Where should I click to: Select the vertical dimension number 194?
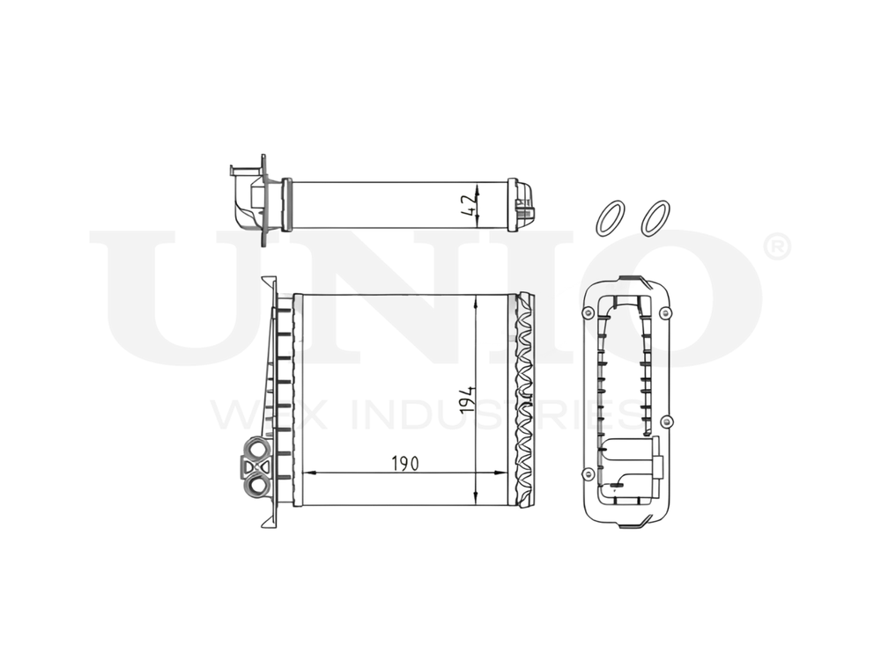[469, 399]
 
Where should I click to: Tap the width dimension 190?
[404, 463]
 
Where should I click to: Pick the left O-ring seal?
[610, 218]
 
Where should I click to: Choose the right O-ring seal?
[655, 218]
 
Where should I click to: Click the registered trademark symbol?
[777, 247]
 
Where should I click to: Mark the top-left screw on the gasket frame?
[589, 312]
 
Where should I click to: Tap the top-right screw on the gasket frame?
[665, 312]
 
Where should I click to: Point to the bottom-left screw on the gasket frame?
[589, 474]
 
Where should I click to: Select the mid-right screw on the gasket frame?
[666, 421]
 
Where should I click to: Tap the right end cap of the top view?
[523, 204]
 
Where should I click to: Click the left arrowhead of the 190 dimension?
[307, 473]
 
